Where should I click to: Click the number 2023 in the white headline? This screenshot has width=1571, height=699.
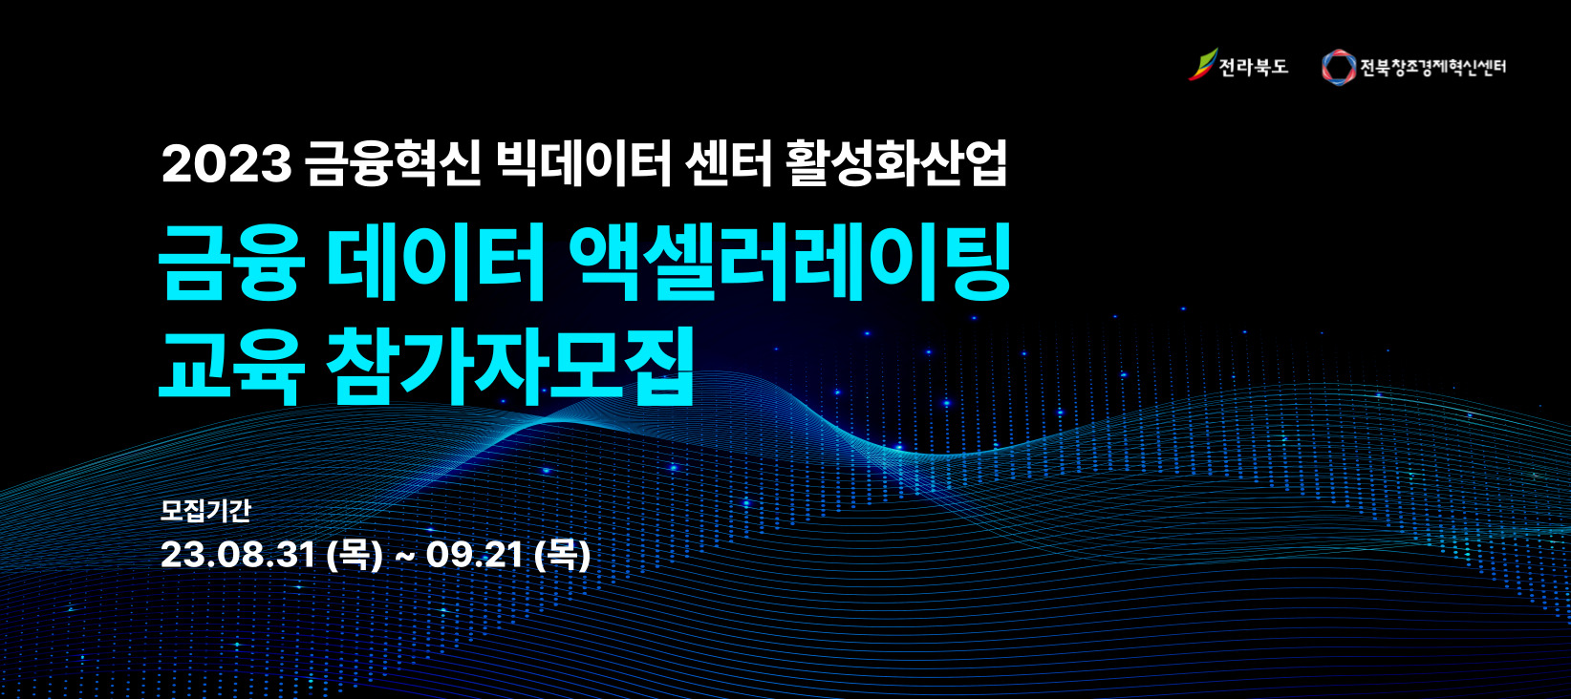click(x=226, y=164)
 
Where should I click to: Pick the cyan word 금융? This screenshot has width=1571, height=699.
click(x=232, y=263)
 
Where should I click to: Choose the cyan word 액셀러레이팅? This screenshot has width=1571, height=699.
click(x=789, y=263)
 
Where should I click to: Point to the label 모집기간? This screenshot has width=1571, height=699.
click(x=205, y=510)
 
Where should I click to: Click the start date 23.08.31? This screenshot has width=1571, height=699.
click(x=239, y=555)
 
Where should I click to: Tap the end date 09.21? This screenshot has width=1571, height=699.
click(x=475, y=555)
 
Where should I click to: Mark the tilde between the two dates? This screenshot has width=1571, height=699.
click(x=404, y=557)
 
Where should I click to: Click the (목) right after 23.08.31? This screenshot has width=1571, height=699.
click(x=355, y=555)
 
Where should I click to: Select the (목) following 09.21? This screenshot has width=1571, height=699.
click(x=562, y=555)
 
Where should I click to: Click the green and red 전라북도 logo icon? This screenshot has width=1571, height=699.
click(x=1202, y=65)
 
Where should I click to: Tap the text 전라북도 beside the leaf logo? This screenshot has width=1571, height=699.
click(x=1254, y=67)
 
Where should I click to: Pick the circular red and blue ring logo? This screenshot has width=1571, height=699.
click(x=1339, y=67)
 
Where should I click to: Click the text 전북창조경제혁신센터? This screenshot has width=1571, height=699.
click(x=1432, y=67)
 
